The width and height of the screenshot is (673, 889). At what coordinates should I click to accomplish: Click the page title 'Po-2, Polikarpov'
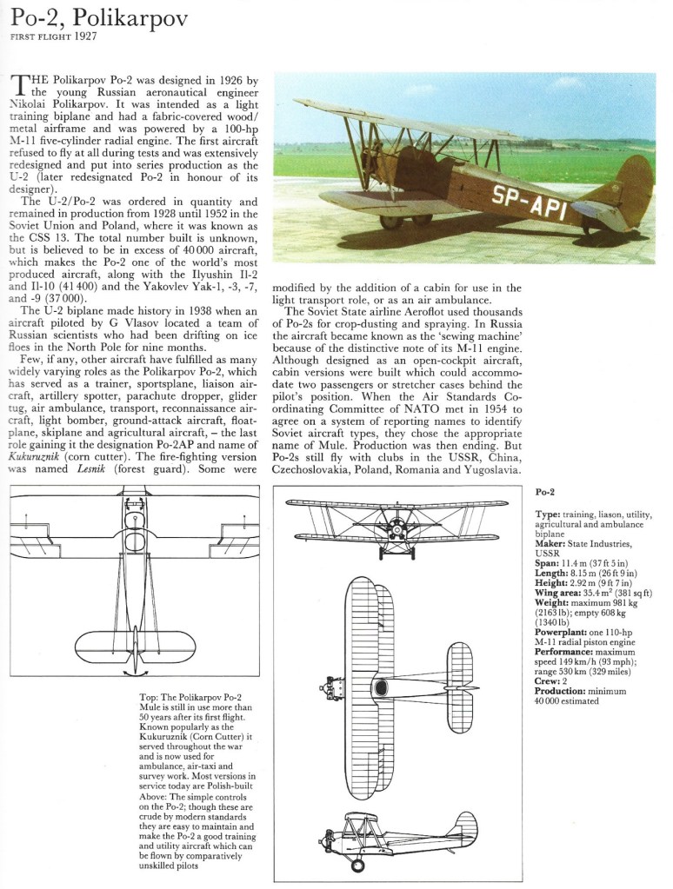(x=99, y=18)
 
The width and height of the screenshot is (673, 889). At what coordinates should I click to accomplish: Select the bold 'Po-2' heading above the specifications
(x=545, y=493)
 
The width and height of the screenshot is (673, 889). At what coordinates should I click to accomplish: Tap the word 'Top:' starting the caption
(x=149, y=698)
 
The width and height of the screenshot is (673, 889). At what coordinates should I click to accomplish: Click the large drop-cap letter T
(x=19, y=85)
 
